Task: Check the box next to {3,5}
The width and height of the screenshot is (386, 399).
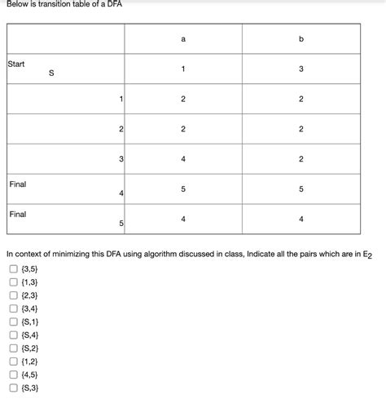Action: (13, 268)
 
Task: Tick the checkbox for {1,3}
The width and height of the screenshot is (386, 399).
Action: (13, 282)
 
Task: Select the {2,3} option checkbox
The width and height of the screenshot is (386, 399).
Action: (13, 295)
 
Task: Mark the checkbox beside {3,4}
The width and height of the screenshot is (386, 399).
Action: (13, 308)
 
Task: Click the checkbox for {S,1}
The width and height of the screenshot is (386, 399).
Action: (13, 321)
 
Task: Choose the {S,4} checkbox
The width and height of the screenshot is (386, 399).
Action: (13, 335)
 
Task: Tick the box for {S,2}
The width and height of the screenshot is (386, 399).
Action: (13, 348)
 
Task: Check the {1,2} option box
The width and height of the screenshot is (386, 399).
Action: (13, 361)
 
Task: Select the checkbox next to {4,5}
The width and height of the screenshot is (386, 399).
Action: (13, 375)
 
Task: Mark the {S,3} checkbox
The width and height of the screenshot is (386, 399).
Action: (13, 388)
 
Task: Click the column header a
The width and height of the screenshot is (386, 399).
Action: (183, 38)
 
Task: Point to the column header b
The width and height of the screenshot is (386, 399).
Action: (300, 38)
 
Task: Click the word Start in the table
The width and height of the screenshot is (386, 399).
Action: (16, 63)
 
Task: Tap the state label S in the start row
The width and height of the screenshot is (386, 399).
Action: (52, 73)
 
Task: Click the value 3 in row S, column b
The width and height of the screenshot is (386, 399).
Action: (300, 69)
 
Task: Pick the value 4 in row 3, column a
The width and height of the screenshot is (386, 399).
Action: (183, 159)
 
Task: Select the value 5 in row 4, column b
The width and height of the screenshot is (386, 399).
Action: (300, 188)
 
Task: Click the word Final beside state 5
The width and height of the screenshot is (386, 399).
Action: (17, 214)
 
